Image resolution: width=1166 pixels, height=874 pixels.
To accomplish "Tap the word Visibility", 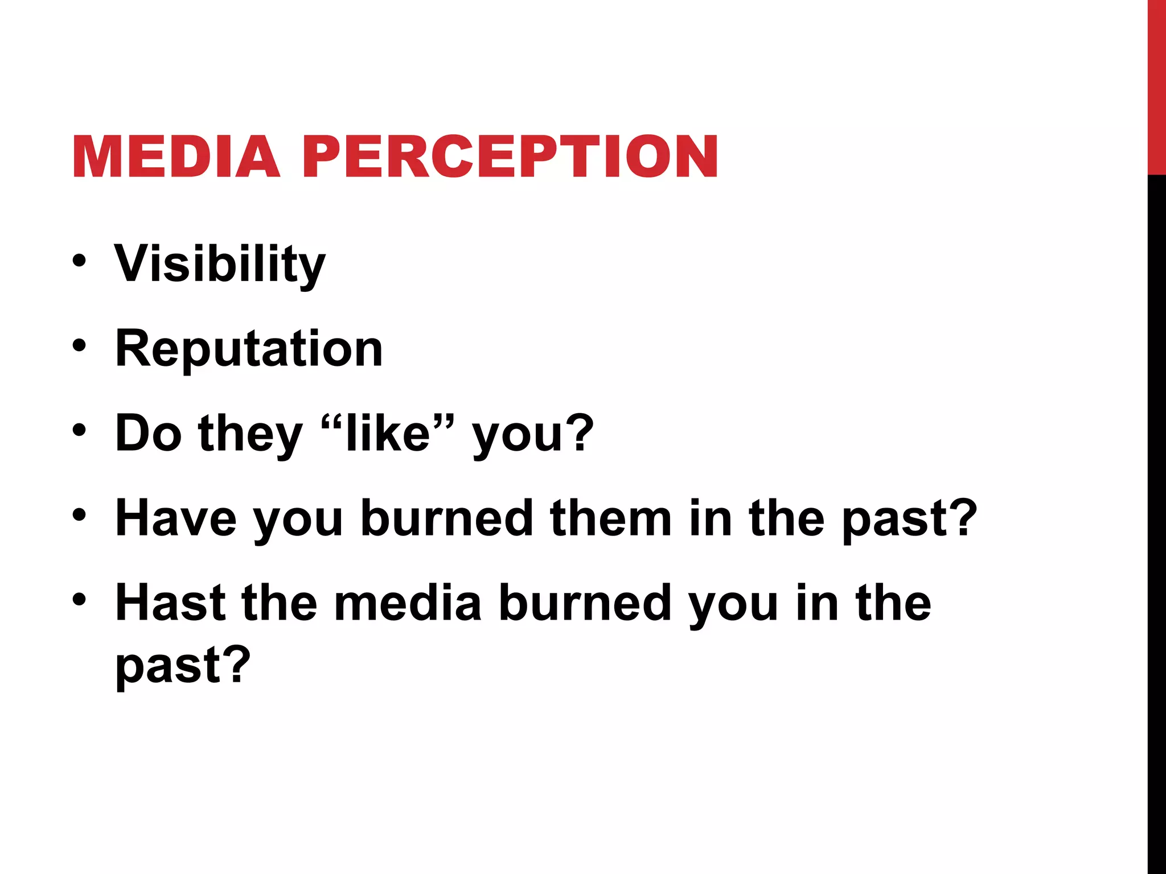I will point(220,265).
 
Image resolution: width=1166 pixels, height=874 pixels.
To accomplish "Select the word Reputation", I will point(249,349).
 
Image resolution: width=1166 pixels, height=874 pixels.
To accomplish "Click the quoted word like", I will point(388,434).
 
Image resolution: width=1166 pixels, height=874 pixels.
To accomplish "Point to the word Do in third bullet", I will point(149,434).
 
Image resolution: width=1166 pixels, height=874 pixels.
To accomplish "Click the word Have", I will point(176,518).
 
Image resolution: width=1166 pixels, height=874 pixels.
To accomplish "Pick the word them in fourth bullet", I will point(611,518).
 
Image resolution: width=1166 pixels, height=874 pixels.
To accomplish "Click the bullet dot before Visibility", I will point(79,261).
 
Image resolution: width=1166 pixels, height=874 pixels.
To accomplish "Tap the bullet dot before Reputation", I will point(79,345).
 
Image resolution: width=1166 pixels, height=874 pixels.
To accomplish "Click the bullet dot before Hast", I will point(79,599).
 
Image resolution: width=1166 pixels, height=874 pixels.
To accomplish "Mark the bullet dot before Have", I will point(79,515).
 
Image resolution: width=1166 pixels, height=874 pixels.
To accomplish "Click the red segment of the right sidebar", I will point(1156,85).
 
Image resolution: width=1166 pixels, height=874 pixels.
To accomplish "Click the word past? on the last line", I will point(183,666).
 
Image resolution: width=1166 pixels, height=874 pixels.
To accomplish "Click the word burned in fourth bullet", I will point(447,518).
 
